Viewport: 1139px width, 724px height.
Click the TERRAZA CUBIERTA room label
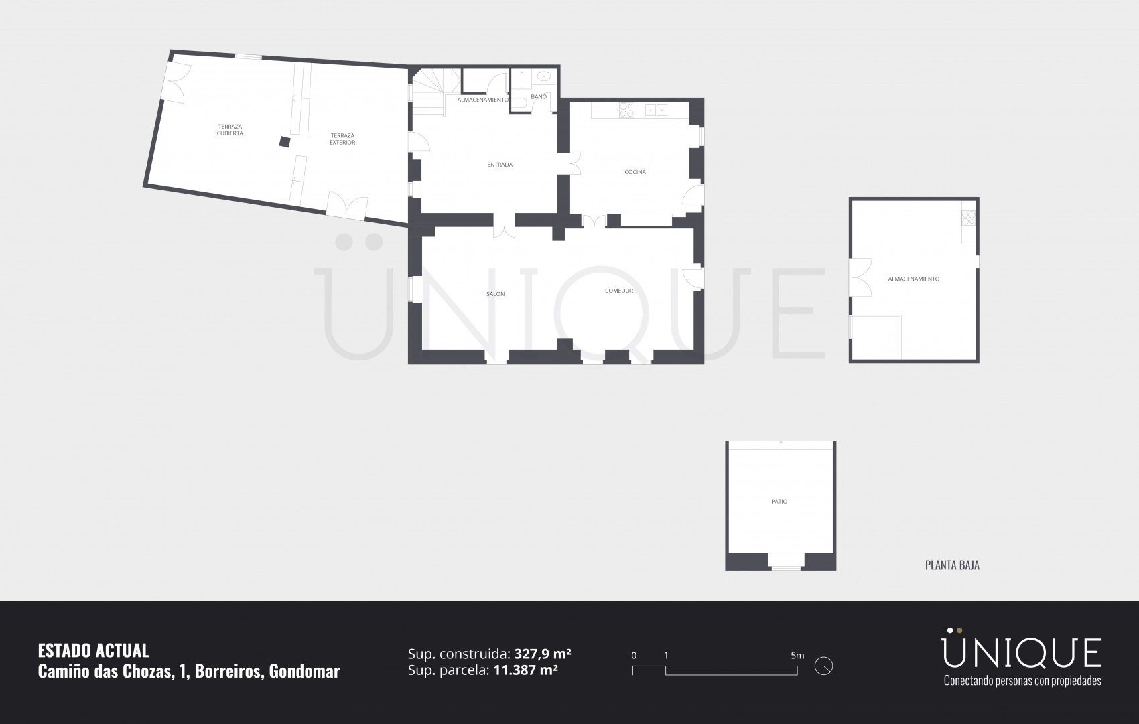[x=230, y=130]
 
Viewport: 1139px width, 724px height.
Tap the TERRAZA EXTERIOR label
[x=342, y=139]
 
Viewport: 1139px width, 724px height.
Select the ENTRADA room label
[x=500, y=165]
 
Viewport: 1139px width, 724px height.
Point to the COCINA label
[x=635, y=172]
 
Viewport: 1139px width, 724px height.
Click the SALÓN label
[x=495, y=294]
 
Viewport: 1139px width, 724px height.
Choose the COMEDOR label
[x=619, y=291]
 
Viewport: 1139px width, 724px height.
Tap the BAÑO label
[x=539, y=96]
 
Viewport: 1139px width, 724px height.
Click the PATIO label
[x=779, y=502]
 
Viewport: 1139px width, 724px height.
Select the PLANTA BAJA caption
[x=952, y=565]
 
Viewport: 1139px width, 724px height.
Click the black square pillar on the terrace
[x=285, y=142]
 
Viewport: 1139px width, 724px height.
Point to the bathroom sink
[x=543, y=77]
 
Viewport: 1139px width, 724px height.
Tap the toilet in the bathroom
[x=519, y=104]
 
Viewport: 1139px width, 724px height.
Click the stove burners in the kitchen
[x=626, y=111]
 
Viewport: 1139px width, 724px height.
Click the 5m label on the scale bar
[x=797, y=656]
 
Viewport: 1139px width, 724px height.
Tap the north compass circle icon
[x=823, y=666]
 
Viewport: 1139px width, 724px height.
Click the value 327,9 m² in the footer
[x=543, y=653]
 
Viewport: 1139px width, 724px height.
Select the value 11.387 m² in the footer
[x=526, y=670]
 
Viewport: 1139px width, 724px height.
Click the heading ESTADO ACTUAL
[x=94, y=650]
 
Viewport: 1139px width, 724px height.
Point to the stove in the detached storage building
[x=968, y=218]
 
